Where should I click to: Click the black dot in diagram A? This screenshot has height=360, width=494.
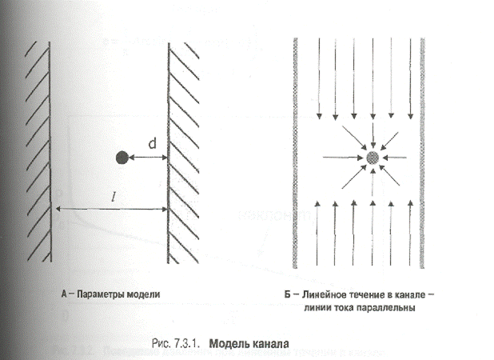click(x=122, y=158)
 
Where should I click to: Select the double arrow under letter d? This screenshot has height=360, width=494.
click(x=148, y=158)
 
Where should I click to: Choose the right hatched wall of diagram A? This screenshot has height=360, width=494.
click(x=180, y=152)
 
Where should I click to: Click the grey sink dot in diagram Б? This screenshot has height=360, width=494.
click(x=372, y=158)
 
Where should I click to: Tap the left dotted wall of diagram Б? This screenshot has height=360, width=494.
click(x=297, y=152)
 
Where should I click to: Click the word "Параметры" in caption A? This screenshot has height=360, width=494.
click(x=102, y=294)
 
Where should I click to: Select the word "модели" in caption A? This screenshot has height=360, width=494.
click(x=144, y=294)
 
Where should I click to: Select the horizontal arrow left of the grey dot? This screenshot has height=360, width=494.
click(x=342, y=158)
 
